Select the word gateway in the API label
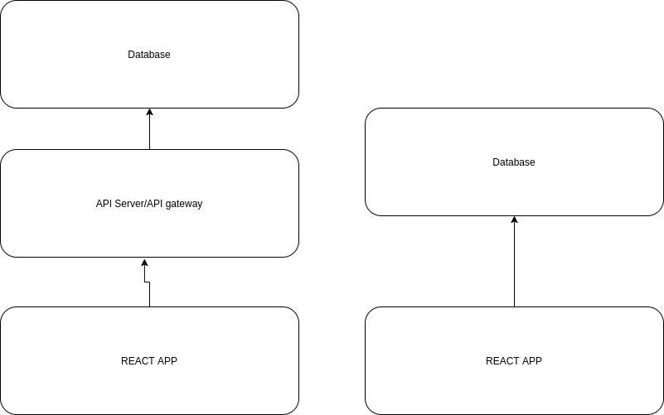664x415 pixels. pyautogui.click(x=186, y=204)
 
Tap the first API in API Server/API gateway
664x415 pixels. pyautogui.click(x=104, y=204)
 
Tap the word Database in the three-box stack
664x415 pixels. pyautogui.click(x=149, y=55)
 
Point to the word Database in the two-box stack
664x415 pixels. pyautogui.click(x=514, y=162)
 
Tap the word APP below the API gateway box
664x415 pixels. pyautogui.click(x=167, y=361)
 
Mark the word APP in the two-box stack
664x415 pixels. pyautogui.click(x=531, y=361)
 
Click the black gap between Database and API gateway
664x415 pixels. pyautogui.click(x=149, y=128)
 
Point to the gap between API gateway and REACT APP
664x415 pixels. pyautogui.click(x=149, y=282)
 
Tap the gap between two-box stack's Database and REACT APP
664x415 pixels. pyautogui.click(x=514, y=261)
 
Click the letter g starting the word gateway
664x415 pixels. pyautogui.click(x=169, y=205)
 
